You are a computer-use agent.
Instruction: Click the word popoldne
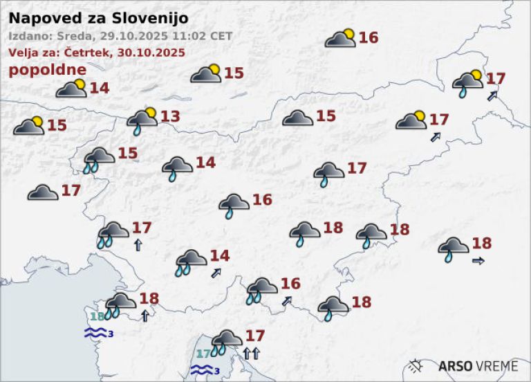point(48,70)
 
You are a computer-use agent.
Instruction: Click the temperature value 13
point(170,116)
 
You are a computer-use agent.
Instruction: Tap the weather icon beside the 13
point(142,120)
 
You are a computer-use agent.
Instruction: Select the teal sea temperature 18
point(96,316)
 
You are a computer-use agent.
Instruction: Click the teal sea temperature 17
point(203,354)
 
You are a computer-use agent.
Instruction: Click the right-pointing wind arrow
point(478,261)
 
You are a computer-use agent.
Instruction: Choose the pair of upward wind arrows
point(251,354)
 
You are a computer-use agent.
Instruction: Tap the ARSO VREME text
point(478,365)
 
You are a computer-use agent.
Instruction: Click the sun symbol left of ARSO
point(417,365)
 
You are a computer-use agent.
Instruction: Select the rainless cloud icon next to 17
point(43,192)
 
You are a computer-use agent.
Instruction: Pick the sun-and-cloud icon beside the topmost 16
point(340,38)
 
